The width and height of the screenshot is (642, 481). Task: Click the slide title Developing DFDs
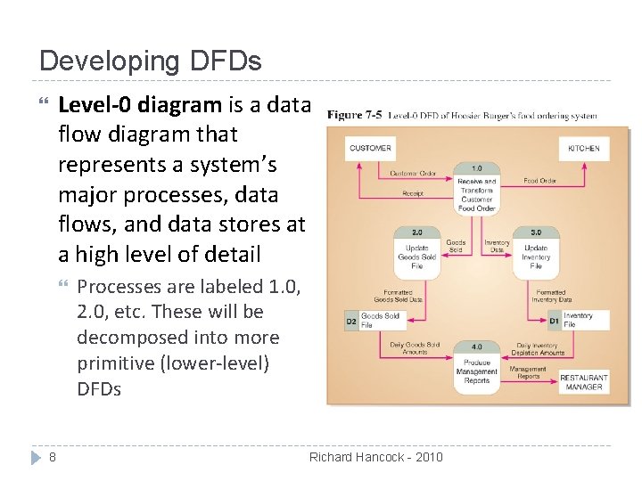pyautogui.click(x=151, y=61)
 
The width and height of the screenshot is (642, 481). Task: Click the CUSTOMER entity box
pyautogui.click(x=369, y=149)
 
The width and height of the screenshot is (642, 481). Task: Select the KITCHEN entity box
pyautogui.click(x=584, y=149)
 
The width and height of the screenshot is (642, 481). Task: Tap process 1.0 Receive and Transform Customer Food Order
pyautogui.click(x=476, y=190)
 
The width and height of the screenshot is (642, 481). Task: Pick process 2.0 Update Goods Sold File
pyautogui.click(x=416, y=252)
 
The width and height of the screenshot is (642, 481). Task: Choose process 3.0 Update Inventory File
pyautogui.click(x=536, y=252)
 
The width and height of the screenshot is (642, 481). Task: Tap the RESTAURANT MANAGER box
pyautogui.click(x=583, y=382)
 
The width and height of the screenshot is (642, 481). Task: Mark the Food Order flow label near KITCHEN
pyautogui.click(x=539, y=181)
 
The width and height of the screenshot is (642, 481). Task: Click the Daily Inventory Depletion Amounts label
pyautogui.click(x=539, y=348)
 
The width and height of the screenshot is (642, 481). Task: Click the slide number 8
pyautogui.click(x=53, y=457)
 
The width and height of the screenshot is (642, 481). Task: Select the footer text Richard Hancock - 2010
pyautogui.click(x=375, y=457)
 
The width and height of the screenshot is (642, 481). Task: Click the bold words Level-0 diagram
pyautogui.click(x=139, y=105)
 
